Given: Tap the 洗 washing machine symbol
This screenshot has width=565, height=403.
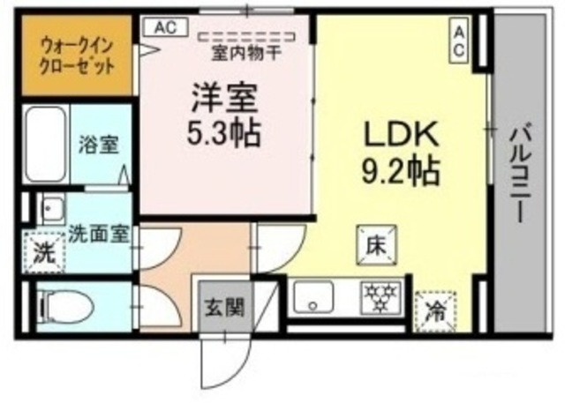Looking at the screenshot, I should click(42, 250).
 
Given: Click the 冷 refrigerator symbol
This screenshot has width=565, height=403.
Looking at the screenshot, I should click(434, 310).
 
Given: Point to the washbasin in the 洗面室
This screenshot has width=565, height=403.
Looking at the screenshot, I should click(50, 209).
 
